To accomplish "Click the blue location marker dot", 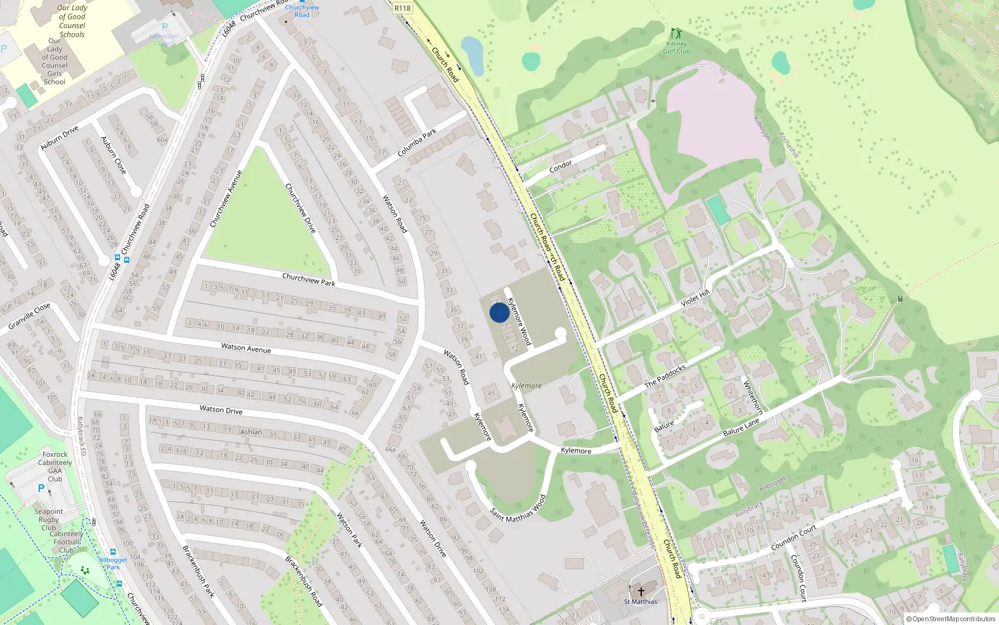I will pyautogui.click(x=499, y=312).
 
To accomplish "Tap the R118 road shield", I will pyautogui.click(x=403, y=8).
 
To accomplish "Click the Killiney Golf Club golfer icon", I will pyautogui.click(x=675, y=33).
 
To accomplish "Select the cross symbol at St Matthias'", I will pyautogui.click(x=641, y=591).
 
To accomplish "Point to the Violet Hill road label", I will pyautogui.click(x=695, y=297).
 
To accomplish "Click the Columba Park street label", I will pyautogui.click(x=417, y=143).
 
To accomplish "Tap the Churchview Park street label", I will pyautogui.click(x=308, y=279).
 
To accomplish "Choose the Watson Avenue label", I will pyautogui.click(x=246, y=348).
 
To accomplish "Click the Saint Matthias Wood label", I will pyautogui.click(x=518, y=508).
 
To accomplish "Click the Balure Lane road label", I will pyautogui.click(x=741, y=427).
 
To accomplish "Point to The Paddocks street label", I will pyautogui.click(x=665, y=376).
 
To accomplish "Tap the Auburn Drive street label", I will pyautogui.click(x=59, y=137).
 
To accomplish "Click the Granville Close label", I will pyautogui.click(x=29, y=316).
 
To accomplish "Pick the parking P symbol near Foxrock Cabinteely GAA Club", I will pyautogui.click(x=41, y=489).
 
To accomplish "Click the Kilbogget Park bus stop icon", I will pyautogui.click(x=113, y=552).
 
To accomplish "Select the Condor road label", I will pyautogui.click(x=560, y=166).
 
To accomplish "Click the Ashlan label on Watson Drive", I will pyautogui.click(x=252, y=432).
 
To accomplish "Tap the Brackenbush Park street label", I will pyautogui.click(x=199, y=571).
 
